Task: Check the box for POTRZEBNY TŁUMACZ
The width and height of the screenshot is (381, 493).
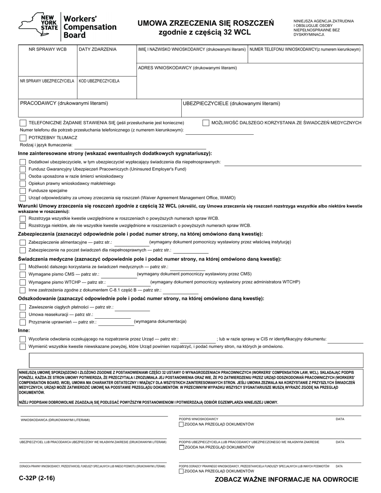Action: click(23, 137)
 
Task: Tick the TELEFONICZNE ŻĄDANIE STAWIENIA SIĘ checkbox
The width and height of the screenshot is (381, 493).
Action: click(23, 123)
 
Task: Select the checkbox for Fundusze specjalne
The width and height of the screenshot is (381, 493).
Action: click(23, 190)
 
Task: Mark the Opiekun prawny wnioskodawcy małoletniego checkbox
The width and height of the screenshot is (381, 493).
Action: click(23, 183)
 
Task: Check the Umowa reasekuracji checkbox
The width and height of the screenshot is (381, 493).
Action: click(23, 315)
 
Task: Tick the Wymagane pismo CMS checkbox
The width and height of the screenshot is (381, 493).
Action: click(23, 274)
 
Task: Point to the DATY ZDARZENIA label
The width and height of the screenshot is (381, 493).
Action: click(97, 49)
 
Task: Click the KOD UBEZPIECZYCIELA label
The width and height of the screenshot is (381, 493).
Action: click(99, 81)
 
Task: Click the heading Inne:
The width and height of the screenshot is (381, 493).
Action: click(24, 330)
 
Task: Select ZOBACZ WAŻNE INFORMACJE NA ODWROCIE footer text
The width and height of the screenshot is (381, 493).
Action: click(286, 479)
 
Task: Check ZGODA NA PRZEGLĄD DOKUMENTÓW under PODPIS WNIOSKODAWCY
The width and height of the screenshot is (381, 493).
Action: click(182, 424)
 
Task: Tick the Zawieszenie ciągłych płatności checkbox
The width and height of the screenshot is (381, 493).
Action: click(23, 307)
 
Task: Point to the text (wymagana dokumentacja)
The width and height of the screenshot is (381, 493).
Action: click(160, 321)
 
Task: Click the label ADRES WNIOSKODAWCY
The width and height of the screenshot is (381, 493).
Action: click(187, 68)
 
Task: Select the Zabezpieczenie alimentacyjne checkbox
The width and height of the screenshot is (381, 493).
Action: click(23, 242)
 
